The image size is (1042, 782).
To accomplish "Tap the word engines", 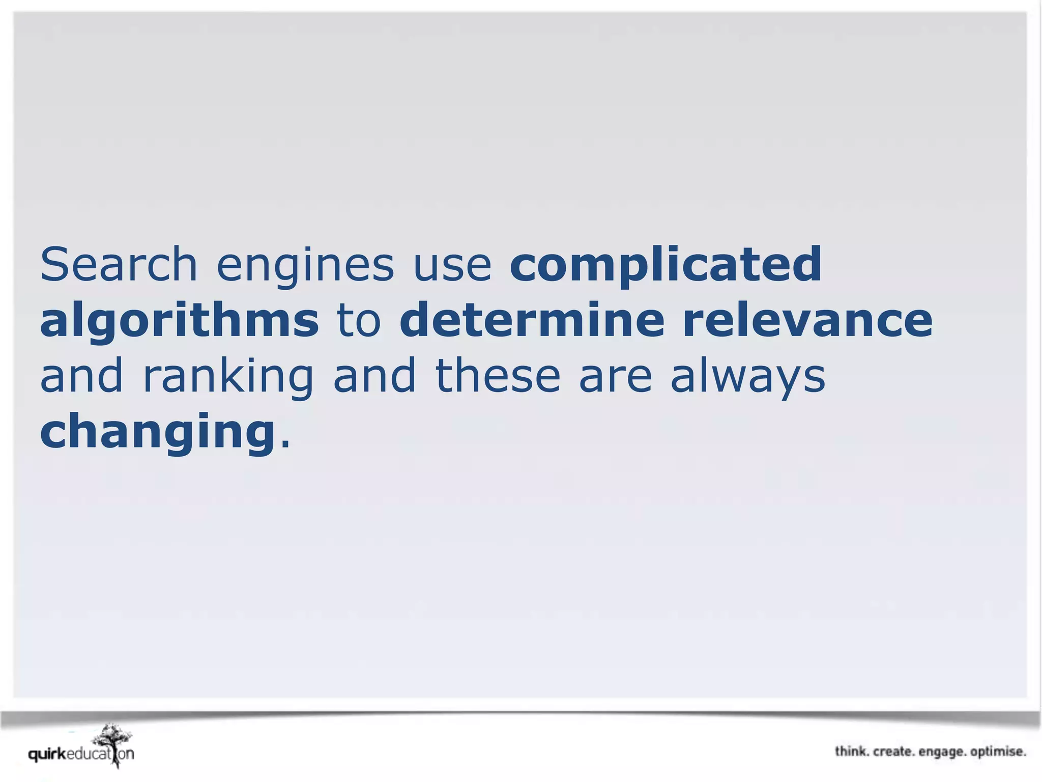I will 305,266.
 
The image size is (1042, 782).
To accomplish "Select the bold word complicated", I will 665,266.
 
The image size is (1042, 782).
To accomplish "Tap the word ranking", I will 228,377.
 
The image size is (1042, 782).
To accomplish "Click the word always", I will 747,377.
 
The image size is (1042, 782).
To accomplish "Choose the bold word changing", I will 158,433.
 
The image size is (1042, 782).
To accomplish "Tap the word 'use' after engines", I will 452,266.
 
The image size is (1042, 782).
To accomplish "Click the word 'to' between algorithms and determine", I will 359,321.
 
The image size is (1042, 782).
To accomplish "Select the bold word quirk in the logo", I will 47,754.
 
